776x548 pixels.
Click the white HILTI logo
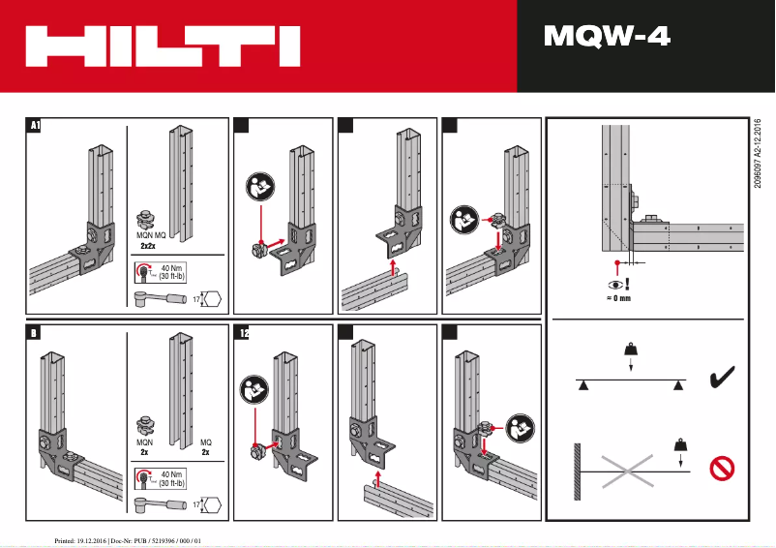pos(162,46)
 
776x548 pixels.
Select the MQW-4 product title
pos(607,38)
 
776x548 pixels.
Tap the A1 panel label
pos(35,125)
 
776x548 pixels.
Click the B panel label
pos(34,333)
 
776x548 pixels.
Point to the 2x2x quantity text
pos(150,246)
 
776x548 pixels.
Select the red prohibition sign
pos(722,469)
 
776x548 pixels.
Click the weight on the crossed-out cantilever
pos(681,445)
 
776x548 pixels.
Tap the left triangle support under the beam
pos(583,386)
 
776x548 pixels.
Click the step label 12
pos(243,333)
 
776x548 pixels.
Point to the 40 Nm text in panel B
pos(171,475)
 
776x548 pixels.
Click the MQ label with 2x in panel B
pos(205,447)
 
